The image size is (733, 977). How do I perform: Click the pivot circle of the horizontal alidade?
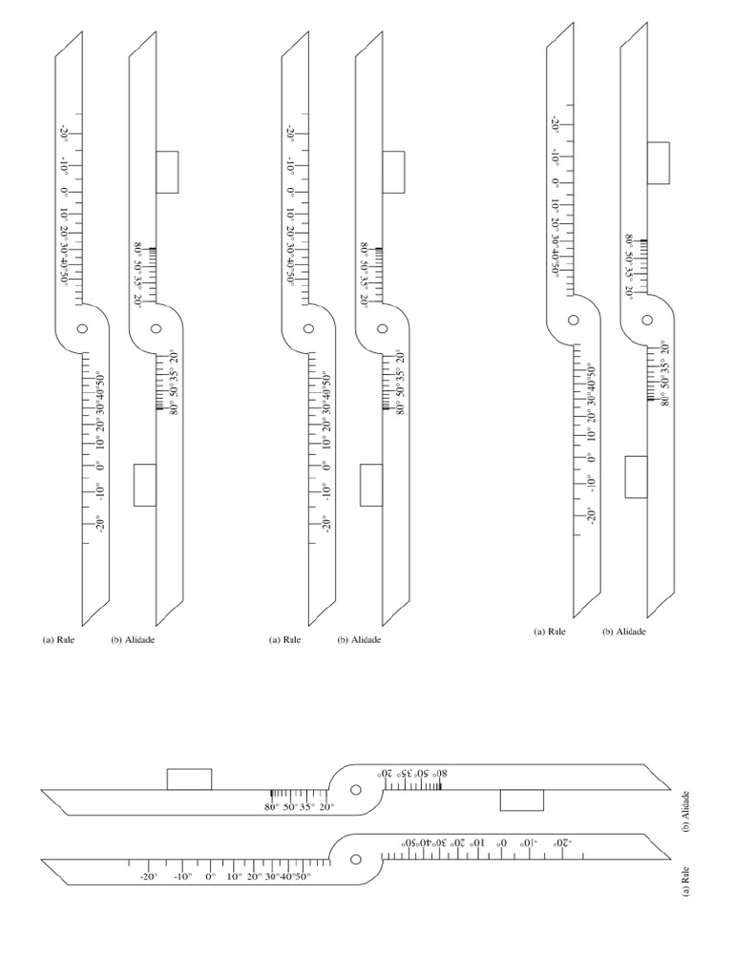coord(355,790)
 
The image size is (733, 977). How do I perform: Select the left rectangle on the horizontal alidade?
coord(189,779)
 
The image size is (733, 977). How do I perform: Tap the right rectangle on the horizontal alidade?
coord(522,800)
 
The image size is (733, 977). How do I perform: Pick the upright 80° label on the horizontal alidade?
coord(272,807)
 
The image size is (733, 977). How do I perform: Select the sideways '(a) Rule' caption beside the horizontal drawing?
coord(687,879)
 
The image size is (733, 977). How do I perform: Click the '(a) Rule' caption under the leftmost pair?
coord(60,640)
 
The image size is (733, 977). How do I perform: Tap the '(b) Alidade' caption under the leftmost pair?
coord(133,640)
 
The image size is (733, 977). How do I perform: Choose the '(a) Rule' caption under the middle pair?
coord(285,640)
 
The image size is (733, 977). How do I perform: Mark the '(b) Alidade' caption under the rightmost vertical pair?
coord(624,632)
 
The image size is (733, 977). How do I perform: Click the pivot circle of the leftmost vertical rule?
coord(82,328)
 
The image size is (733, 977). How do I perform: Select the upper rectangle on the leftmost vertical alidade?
coord(167,172)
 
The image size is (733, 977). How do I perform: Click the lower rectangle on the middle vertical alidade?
coord(370,485)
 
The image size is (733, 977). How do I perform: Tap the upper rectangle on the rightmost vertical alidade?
coord(658,162)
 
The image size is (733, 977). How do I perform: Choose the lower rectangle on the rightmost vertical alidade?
coord(636,476)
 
